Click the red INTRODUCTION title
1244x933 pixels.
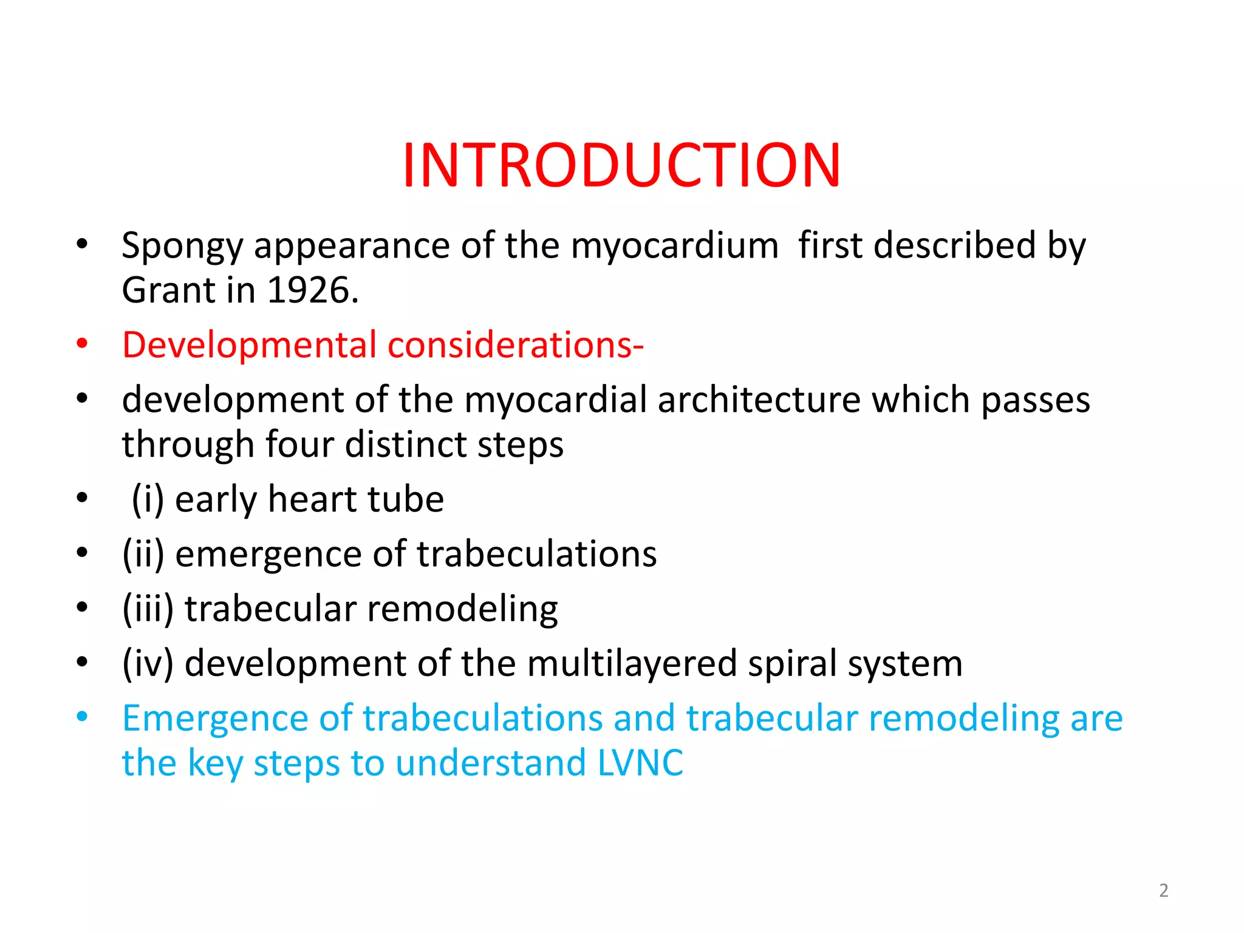(621, 165)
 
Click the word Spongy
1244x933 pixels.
(182, 247)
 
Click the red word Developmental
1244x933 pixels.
(249, 345)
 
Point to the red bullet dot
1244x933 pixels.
(83, 344)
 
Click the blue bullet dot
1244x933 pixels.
(83, 717)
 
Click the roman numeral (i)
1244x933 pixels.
(148, 500)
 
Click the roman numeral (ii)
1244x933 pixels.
(143, 555)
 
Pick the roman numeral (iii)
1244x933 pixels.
(148, 609)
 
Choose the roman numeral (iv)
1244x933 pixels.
(148, 663)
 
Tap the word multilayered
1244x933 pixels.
(632, 663)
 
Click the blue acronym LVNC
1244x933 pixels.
(640, 763)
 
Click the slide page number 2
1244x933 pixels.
(1163, 890)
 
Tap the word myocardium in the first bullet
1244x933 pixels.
(674, 247)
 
